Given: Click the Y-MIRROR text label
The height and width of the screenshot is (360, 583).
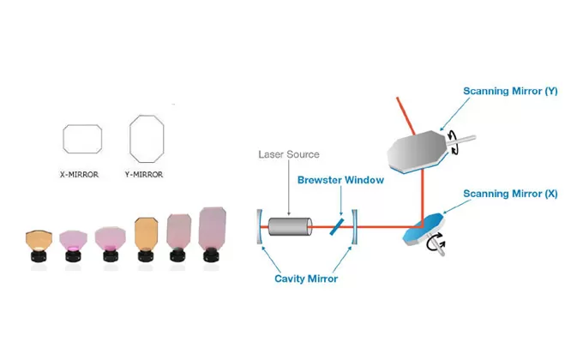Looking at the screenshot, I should (x=143, y=174).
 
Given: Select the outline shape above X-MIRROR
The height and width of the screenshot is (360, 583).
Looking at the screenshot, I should (x=82, y=139).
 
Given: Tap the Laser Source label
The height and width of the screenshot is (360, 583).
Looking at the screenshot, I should (x=289, y=155).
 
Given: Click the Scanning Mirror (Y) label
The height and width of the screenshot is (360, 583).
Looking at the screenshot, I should (x=510, y=91).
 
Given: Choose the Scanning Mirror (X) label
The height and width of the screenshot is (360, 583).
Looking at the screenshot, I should (x=510, y=194).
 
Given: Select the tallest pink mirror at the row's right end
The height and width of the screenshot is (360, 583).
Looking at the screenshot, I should (x=212, y=232).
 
